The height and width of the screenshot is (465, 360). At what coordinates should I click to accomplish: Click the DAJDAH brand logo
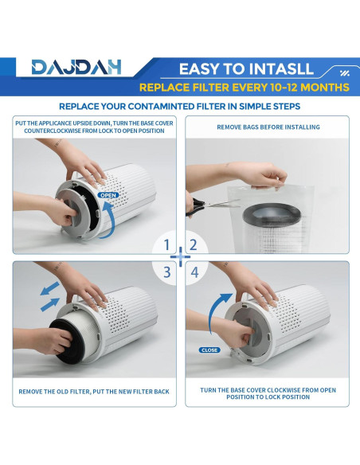click(76, 67)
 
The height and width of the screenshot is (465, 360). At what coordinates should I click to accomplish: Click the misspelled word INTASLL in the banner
click(281, 68)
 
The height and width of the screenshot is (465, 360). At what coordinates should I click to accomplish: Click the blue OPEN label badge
click(108, 195)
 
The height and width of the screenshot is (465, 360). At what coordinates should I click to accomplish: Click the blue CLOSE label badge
click(209, 350)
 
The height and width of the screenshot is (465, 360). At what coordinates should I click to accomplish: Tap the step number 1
click(166, 245)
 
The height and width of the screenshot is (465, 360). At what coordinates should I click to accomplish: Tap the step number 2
click(193, 245)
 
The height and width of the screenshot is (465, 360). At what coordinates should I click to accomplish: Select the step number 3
click(167, 272)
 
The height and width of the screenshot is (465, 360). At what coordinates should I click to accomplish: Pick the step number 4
click(194, 272)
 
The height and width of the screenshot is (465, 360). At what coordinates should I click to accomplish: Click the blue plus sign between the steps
click(180, 257)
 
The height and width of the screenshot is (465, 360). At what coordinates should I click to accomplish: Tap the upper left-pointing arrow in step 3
click(50, 288)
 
